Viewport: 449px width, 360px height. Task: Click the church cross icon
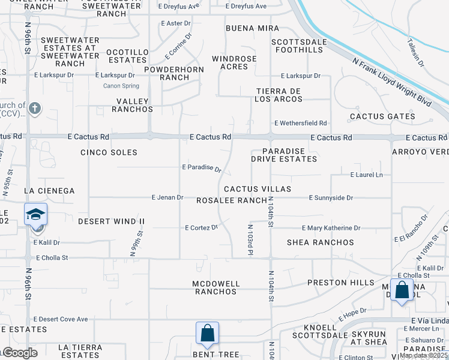click(35, 109)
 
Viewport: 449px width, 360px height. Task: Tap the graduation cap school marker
click(35, 214)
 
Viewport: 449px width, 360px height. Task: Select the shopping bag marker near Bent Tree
click(207, 333)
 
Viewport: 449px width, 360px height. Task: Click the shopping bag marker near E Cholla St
click(402, 290)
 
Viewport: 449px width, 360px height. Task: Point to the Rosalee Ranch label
click(232, 200)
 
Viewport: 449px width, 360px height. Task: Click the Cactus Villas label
click(258, 189)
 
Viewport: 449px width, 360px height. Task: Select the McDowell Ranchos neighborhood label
click(216, 287)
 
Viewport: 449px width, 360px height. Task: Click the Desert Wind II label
click(112, 221)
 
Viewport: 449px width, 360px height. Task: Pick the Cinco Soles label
click(109, 152)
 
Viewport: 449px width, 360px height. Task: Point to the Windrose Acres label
click(234, 62)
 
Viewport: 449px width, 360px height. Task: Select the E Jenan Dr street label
click(167, 197)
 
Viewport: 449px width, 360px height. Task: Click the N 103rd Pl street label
click(249, 239)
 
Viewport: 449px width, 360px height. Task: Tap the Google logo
click(19, 353)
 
